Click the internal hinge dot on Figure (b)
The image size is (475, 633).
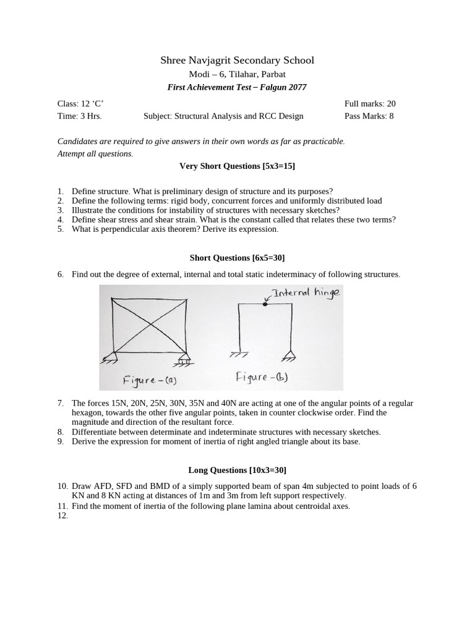(x=266, y=304)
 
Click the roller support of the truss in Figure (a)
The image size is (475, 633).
(x=184, y=358)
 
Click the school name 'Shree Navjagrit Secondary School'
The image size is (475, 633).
(x=237, y=60)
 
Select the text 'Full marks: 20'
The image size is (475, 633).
(x=369, y=104)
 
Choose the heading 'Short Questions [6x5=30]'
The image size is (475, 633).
(x=237, y=257)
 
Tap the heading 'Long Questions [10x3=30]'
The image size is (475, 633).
(x=237, y=470)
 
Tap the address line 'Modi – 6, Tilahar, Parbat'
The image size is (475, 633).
(x=237, y=74)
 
